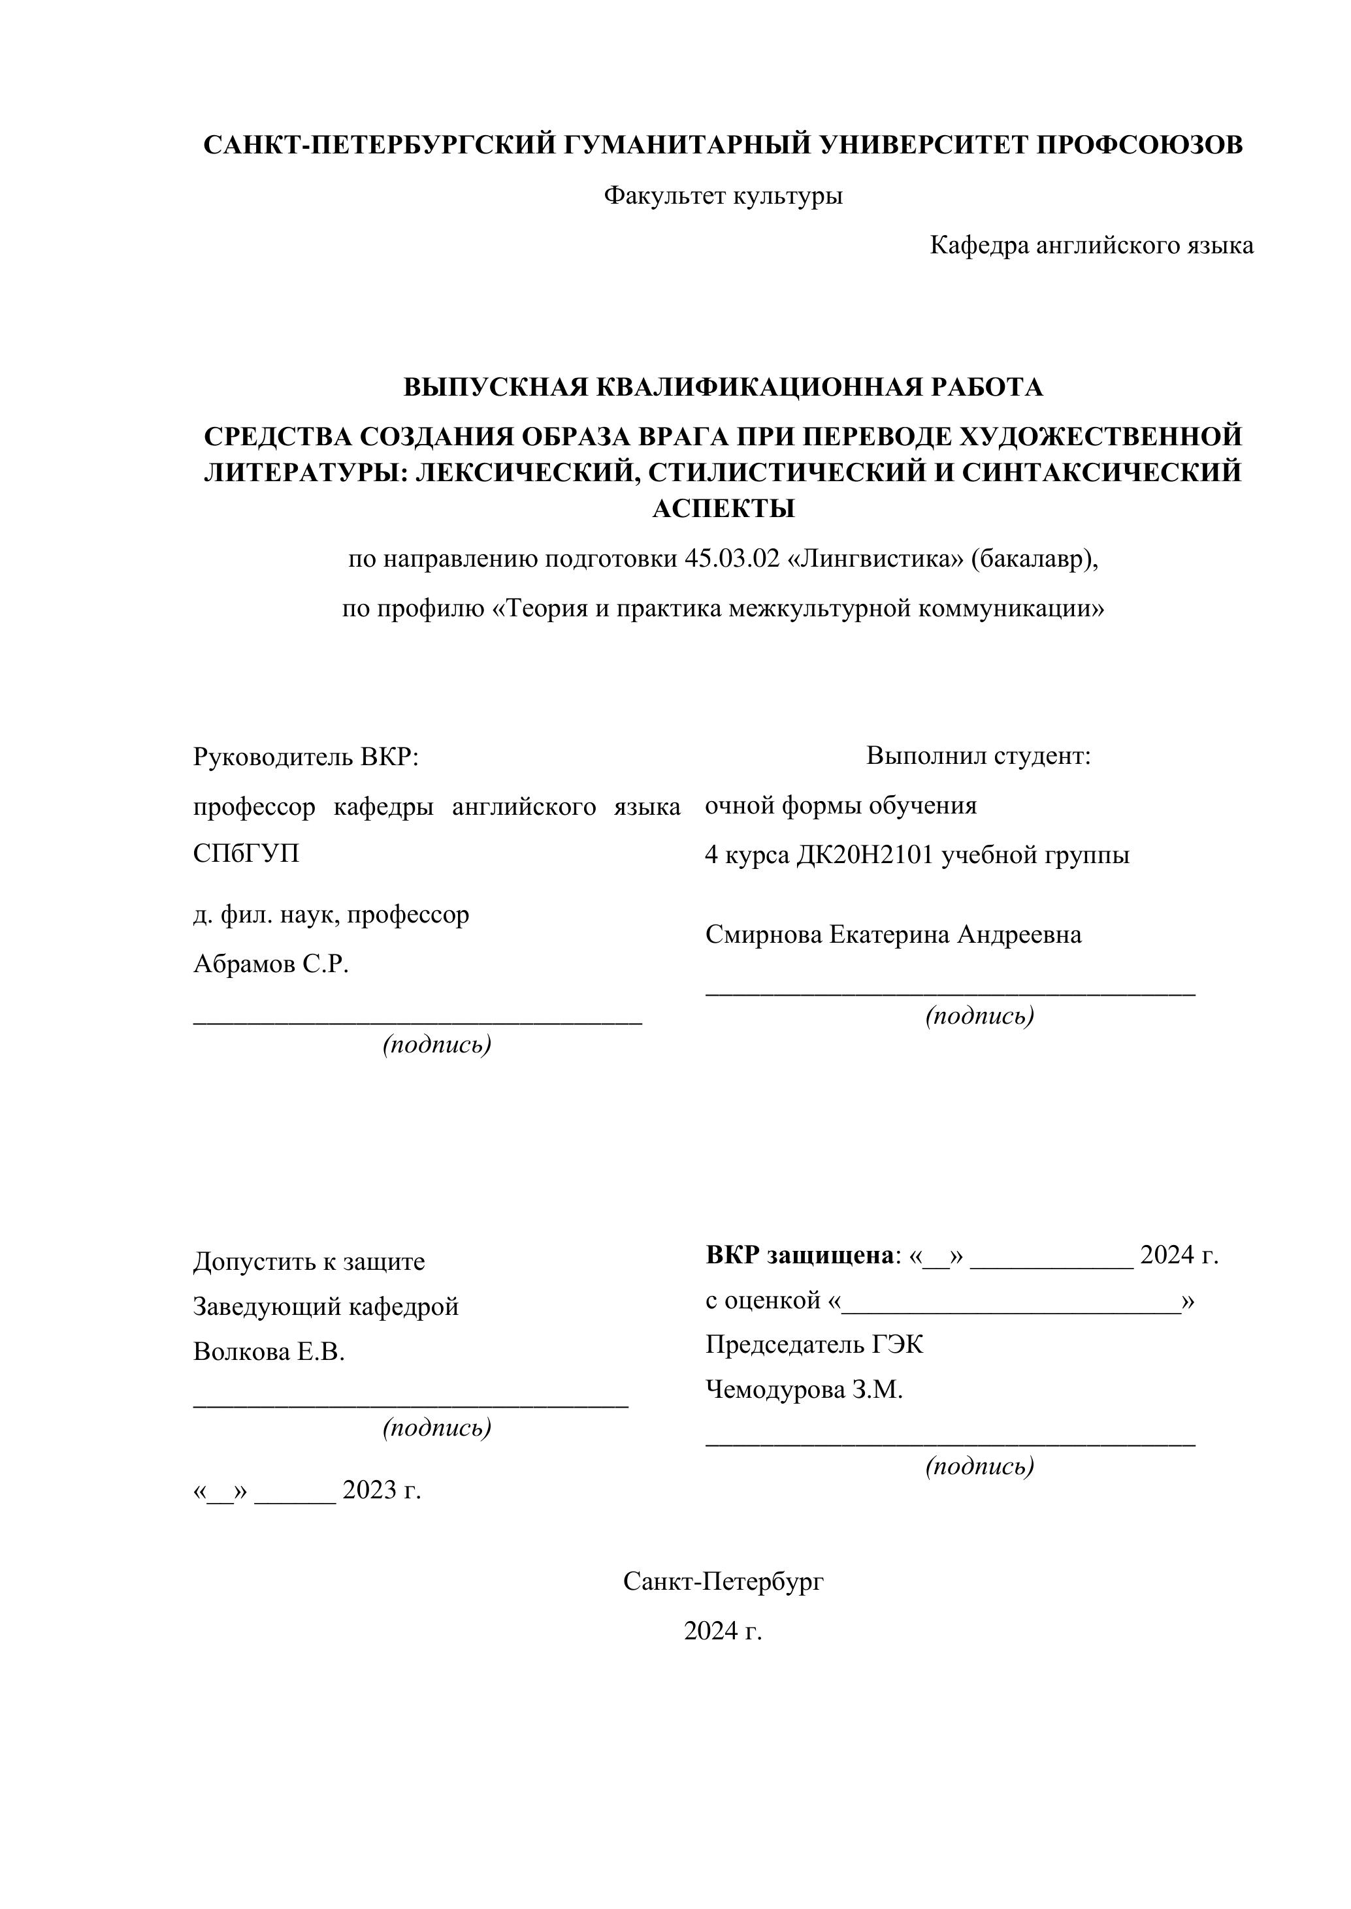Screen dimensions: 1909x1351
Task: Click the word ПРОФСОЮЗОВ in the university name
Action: coord(1139,145)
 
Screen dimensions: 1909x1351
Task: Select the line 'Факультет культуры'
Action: coord(723,197)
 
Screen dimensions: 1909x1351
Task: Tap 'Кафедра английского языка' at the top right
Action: coord(1090,245)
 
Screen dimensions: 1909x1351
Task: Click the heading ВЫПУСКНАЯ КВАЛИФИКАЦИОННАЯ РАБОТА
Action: coord(723,387)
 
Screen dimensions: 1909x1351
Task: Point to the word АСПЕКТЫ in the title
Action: coord(723,508)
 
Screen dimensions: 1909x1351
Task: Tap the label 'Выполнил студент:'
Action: coord(979,756)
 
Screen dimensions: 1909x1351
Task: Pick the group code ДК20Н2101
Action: coord(865,855)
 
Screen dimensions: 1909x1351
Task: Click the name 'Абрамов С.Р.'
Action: coord(271,964)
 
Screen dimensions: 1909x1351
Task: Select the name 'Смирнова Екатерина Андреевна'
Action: coord(894,934)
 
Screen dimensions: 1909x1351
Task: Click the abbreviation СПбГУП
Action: coord(246,854)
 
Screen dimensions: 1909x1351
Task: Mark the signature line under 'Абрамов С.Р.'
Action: coord(417,1022)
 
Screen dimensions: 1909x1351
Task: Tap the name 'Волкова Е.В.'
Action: coord(269,1352)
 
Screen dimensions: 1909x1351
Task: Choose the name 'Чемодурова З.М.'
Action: coord(804,1389)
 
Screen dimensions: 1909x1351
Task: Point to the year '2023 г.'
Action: coord(382,1490)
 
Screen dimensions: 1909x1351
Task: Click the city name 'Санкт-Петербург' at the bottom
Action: coord(723,1581)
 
